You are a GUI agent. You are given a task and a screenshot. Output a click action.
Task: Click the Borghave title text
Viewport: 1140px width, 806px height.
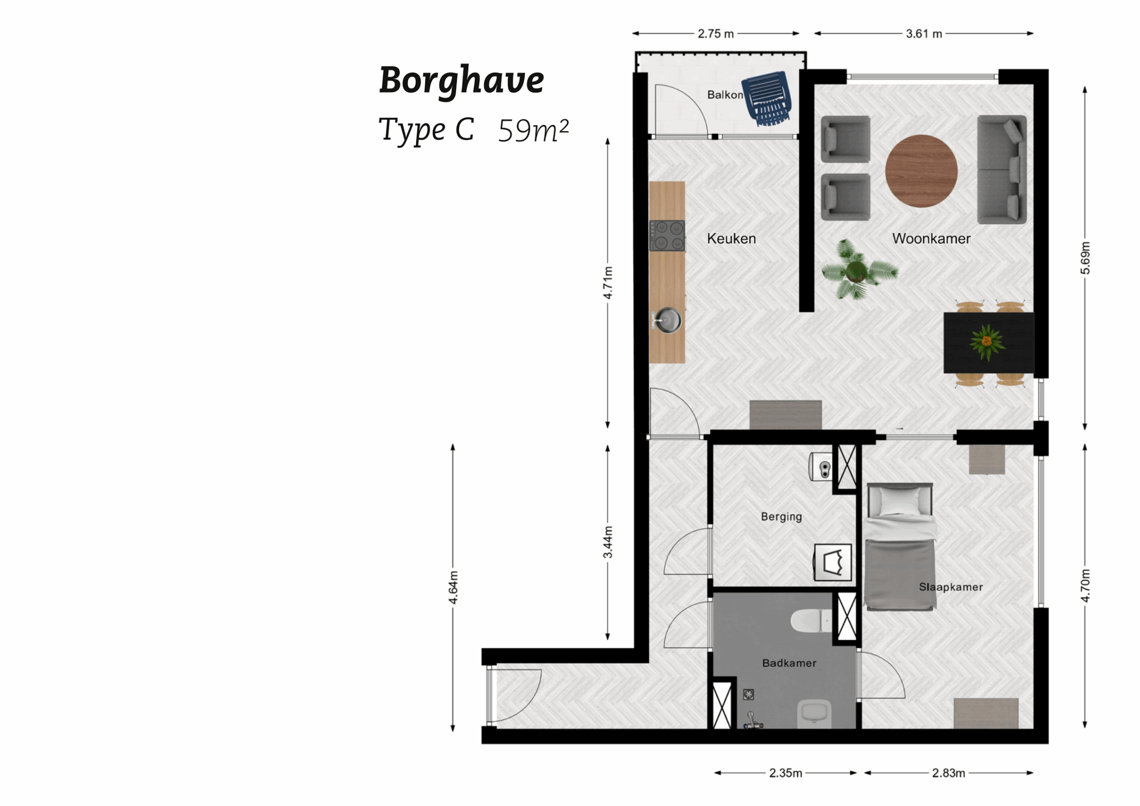(x=461, y=81)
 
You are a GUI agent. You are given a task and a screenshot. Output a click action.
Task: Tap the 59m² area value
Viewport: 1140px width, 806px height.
(x=533, y=131)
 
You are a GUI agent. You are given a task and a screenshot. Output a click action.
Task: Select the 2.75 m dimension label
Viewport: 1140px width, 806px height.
(x=715, y=34)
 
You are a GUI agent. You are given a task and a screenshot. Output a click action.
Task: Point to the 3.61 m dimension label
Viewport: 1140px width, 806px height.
(x=923, y=34)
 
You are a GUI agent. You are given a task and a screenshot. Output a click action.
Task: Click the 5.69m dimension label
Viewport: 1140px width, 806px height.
(x=1085, y=258)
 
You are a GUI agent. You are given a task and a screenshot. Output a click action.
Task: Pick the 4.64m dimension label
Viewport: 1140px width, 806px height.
(x=453, y=587)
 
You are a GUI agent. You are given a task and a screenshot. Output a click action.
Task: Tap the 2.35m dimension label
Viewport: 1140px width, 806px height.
(x=785, y=773)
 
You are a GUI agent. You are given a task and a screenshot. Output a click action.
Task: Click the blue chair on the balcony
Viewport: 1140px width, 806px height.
(x=768, y=97)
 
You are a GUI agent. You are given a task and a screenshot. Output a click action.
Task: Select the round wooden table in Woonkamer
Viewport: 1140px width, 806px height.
(x=921, y=171)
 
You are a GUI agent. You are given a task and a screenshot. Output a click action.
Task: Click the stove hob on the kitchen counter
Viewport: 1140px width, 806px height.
(x=667, y=235)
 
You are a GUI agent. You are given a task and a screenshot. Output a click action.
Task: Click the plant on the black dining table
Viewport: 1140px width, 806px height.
(x=986, y=342)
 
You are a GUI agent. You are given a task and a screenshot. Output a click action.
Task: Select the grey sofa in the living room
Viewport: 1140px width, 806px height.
(x=1001, y=169)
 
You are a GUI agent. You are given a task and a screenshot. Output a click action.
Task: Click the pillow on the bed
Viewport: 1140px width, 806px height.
(x=899, y=502)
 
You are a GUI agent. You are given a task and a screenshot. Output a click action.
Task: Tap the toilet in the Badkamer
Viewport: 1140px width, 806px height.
(x=811, y=621)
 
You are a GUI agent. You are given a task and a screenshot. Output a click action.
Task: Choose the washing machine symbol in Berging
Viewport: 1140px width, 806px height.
(x=833, y=562)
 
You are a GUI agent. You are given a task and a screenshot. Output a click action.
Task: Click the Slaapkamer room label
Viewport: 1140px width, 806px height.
(x=951, y=587)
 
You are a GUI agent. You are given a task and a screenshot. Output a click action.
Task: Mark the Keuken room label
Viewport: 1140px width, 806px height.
(x=731, y=238)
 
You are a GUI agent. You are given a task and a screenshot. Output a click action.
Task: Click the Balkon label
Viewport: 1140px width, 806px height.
(x=724, y=95)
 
